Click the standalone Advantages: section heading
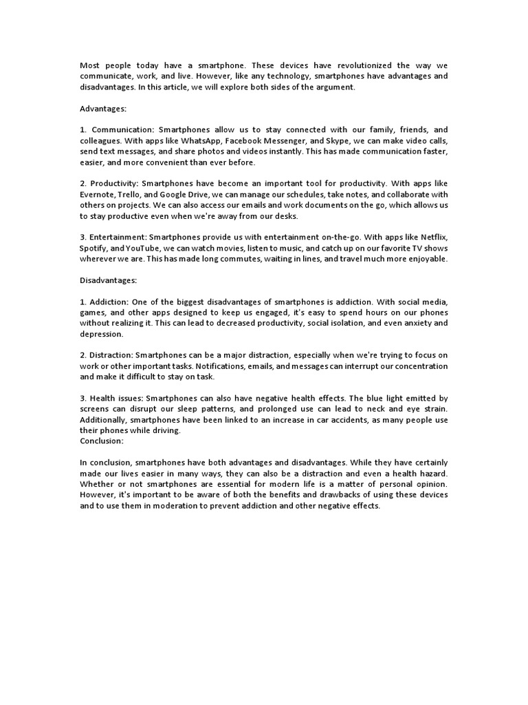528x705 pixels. tap(104, 109)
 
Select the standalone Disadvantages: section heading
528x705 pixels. tap(109, 280)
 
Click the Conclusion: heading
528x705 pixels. tap(102, 441)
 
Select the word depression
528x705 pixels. tap(102, 334)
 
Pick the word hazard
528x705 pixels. tap(430, 474)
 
